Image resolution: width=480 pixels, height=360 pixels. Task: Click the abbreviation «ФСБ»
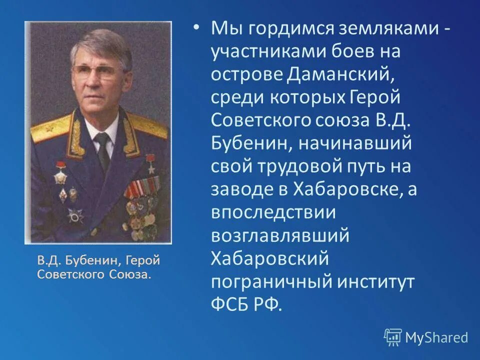[x=232, y=304]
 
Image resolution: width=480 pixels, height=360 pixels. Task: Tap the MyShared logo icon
[x=393, y=337]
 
